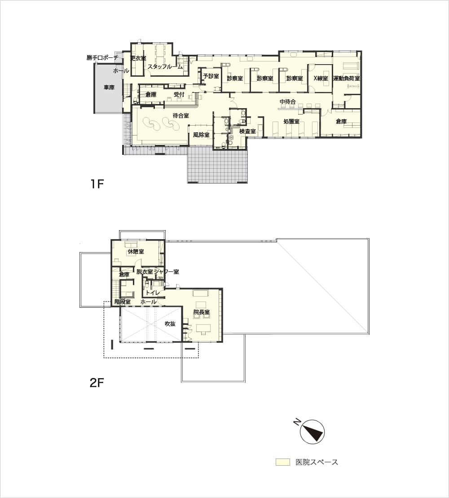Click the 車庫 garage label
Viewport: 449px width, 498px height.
[109, 87]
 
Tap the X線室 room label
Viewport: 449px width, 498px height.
[321, 78]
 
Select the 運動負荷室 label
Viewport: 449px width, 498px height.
[346, 78]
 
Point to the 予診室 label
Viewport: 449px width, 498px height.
[211, 76]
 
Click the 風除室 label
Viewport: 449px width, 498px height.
[201, 135]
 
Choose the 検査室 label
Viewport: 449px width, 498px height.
[247, 131]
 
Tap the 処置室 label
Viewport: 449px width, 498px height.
[291, 121]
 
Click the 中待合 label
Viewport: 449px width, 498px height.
[288, 102]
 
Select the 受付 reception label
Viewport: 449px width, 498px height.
[179, 94]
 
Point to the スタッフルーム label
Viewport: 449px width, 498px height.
[165, 67]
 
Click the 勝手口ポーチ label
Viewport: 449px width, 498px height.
[102, 58]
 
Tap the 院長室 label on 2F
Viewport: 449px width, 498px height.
[202, 312]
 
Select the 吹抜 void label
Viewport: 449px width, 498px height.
[170, 323]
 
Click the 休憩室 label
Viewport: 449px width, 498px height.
[136, 252]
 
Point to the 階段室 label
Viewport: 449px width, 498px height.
[123, 302]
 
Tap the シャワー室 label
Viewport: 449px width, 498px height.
[166, 272]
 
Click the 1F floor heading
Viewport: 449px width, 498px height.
[97, 184]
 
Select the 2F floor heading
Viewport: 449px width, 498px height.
[97, 383]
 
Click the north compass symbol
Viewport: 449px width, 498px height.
[312, 432]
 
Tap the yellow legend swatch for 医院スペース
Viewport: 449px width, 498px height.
[283, 462]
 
